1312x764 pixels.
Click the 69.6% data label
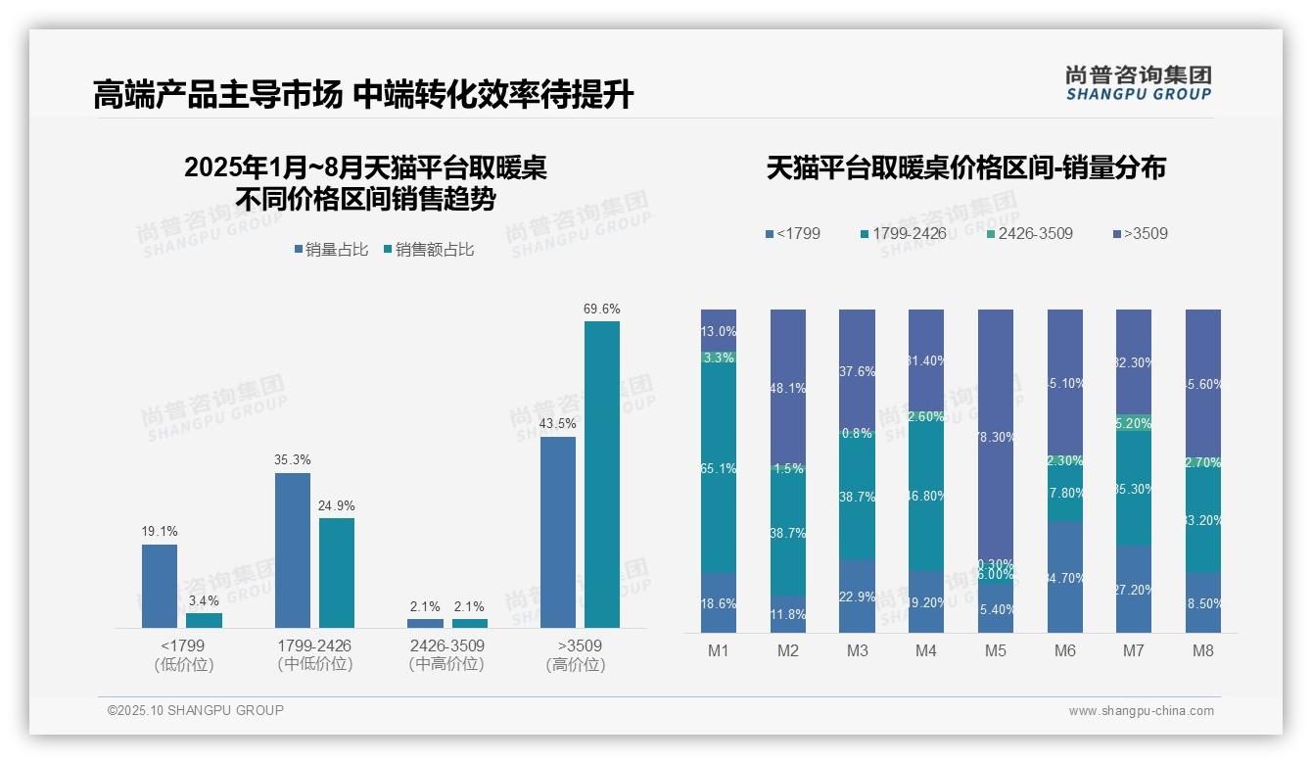pos(601,309)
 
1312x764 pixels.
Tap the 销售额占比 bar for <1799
pos(204,620)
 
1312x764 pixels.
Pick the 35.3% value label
pos(292,459)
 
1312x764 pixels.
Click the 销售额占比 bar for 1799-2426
pos(336,572)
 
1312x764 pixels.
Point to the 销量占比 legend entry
pos(331,250)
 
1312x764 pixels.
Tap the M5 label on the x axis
pos(996,651)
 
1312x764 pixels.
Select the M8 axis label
pos(1202,651)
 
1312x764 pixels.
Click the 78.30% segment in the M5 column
pos(996,436)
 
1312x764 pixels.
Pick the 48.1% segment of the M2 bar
pos(788,387)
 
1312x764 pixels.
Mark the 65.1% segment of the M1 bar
pos(719,468)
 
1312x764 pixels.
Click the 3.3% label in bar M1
pos(719,358)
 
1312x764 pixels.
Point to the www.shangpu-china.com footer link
pos(1141,711)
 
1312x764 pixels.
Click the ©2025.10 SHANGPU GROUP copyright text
pos(196,710)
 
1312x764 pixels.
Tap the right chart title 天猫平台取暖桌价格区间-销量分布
pos(965,168)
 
